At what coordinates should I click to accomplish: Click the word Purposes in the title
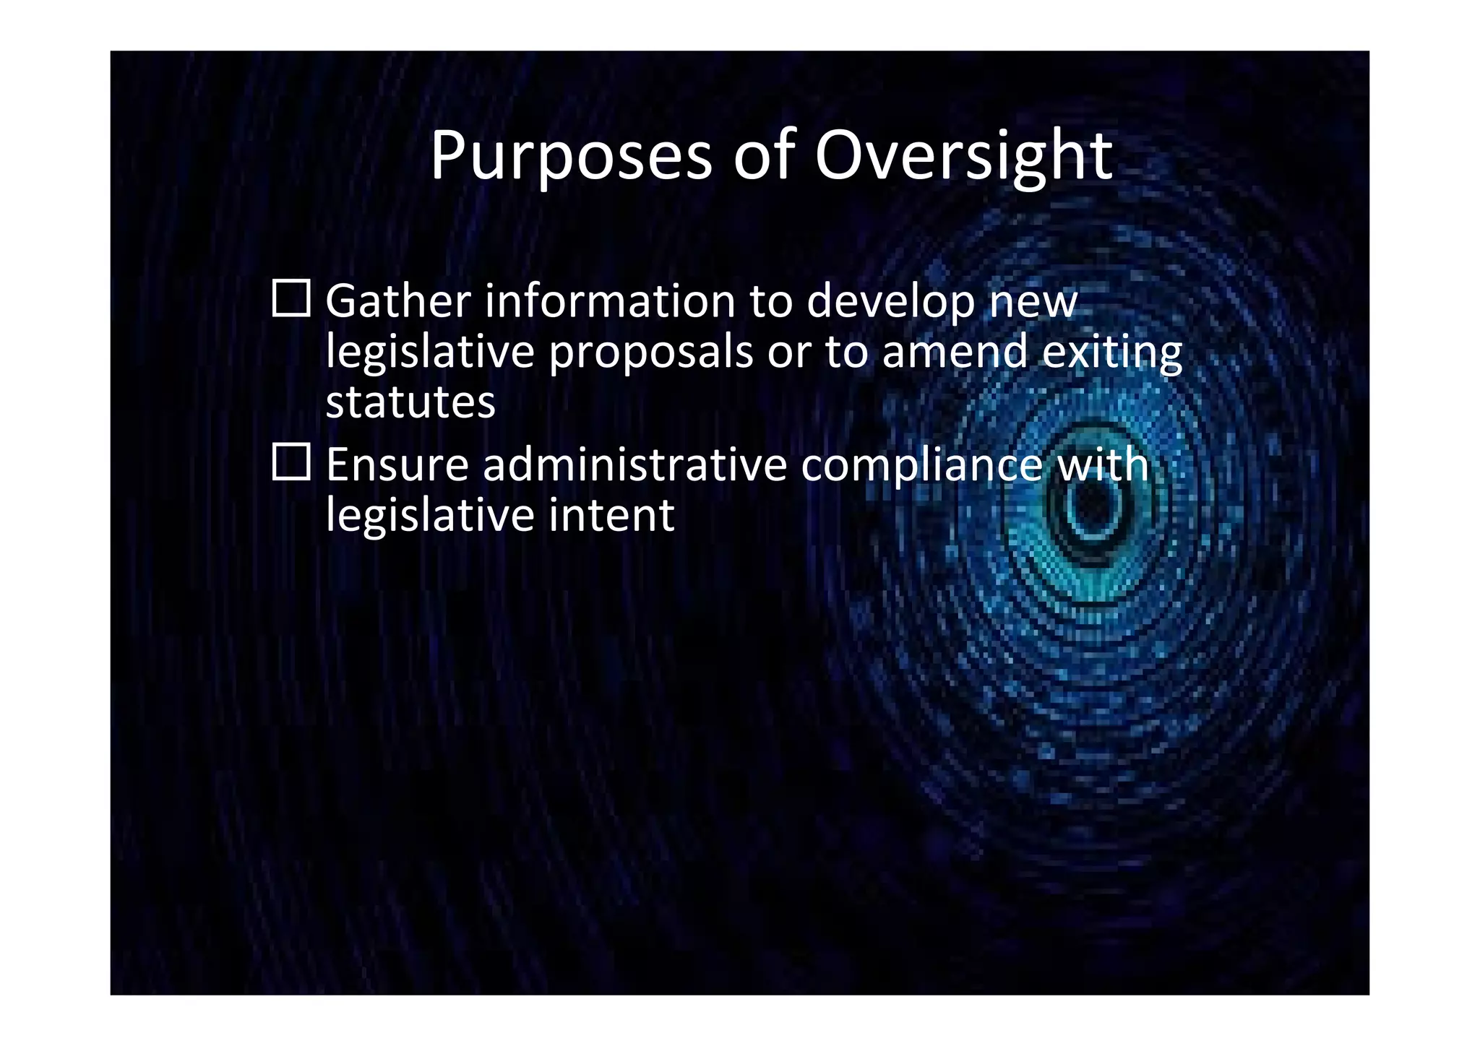point(571,157)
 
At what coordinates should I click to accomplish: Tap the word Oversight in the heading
point(964,157)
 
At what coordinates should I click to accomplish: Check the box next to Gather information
point(291,298)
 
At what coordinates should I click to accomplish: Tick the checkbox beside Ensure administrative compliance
point(291,462)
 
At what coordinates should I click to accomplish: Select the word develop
point(890,302)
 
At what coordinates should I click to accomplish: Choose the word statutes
point(410,402)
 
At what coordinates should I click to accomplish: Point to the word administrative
point(634,464)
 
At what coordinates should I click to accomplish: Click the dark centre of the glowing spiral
point(1094,506)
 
